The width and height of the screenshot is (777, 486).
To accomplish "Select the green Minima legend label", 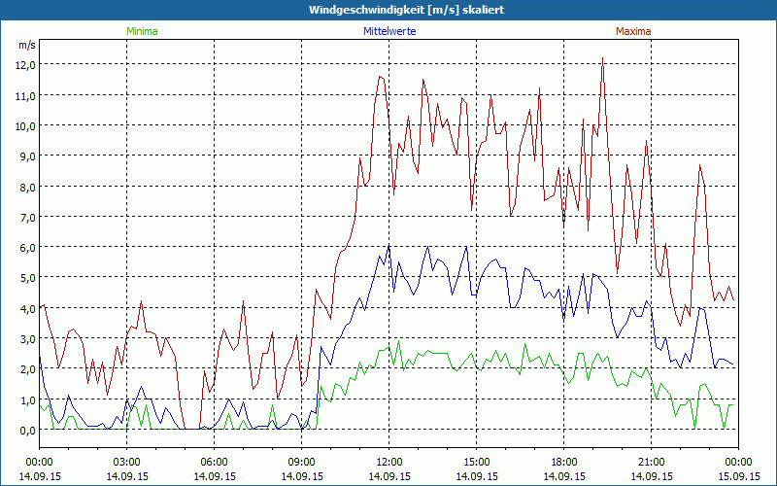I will [x=142, y=31].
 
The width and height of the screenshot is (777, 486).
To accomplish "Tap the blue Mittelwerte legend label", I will [x=389, y=31].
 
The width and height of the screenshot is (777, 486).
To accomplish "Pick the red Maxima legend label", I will [x=633, y=31].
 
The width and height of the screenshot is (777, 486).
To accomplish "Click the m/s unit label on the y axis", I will [x=26, y=45].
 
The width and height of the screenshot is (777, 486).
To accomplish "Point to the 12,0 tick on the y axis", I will [x=23, y=64].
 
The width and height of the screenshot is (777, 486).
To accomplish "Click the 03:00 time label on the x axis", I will [x=127, y=462].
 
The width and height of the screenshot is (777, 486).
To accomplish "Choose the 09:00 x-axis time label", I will [x=302, y=462].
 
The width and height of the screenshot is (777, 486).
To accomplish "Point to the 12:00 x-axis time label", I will [x=389, y=462].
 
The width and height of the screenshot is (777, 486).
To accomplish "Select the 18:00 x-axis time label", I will [x=564, y=462].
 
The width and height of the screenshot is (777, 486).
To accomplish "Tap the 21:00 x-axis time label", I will [x=652, y=462].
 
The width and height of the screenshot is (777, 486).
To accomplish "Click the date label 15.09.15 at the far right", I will [x=738, y=476].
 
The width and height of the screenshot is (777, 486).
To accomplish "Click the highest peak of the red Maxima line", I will [x=603, y=58].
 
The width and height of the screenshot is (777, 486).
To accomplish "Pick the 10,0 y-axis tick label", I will [x=23, y=125].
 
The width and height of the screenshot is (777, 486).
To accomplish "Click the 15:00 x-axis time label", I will [x=477, y=462].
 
